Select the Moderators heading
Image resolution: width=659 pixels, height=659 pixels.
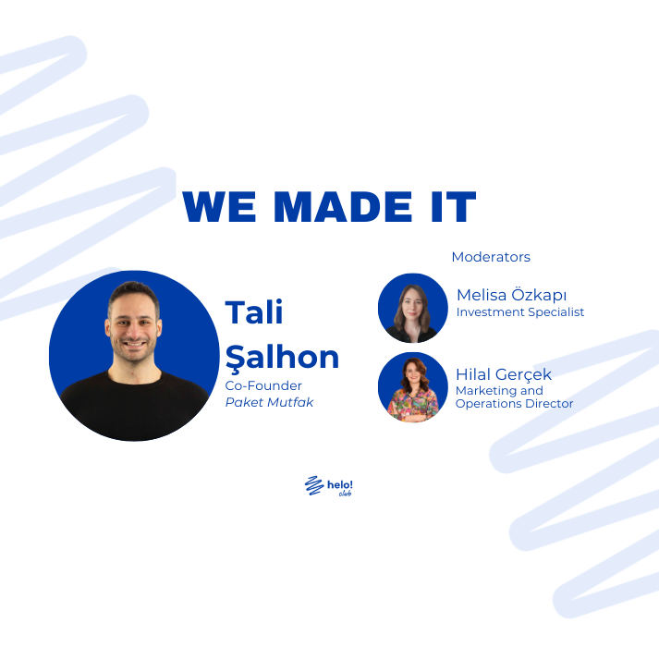coord(491,257)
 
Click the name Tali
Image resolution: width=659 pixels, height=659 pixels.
coord(254,312)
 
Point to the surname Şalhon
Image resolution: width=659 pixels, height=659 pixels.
coord(282,358)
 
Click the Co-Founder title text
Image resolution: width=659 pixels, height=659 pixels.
coord(263,385)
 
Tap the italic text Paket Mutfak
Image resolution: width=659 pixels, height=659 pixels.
coord(269,402)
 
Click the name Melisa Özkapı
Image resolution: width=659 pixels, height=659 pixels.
coord(511,295)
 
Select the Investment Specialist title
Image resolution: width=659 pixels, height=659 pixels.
coord(520,312)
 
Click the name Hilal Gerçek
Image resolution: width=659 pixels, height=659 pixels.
coord(503,374)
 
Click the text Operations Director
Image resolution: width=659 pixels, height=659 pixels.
coord(515,404)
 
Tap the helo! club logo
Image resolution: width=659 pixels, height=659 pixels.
coord(329,486)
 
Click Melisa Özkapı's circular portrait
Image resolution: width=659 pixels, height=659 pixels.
coord(413,308)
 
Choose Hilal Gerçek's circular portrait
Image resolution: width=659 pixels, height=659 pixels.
coord(413,387)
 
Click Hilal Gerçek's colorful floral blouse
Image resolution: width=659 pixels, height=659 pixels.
coord(413,407)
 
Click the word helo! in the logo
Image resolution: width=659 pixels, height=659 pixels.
coord(338,482)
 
